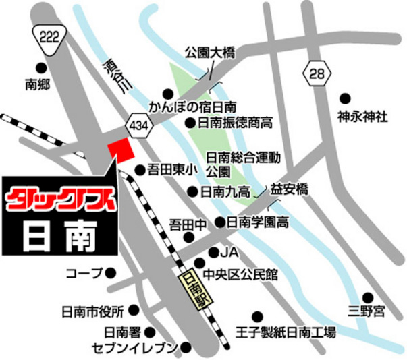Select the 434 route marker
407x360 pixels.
point(138,125)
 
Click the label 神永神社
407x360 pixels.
point(362,117)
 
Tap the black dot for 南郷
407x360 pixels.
point(41,67)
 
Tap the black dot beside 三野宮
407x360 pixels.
point(368,297)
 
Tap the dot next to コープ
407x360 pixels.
point(111,273)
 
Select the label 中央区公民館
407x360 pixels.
point(244,275)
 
